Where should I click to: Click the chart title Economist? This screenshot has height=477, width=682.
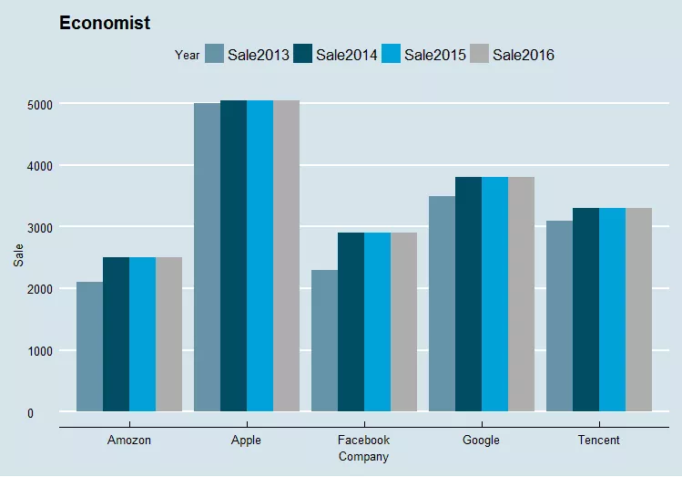(105, 23)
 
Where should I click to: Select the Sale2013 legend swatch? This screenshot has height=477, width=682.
(215, 54)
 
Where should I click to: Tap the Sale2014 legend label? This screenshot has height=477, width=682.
(347, 55)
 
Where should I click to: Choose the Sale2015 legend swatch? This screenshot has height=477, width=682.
(391, 54)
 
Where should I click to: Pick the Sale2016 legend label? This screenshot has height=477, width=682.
(524, 55)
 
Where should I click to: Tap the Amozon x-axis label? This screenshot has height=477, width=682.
(129, 441)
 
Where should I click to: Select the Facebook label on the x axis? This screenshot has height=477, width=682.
(363, 441)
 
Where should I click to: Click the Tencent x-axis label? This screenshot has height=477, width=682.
(599, 441)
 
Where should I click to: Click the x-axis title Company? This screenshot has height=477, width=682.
(363, 457)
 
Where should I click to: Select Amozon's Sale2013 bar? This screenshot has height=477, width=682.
(89, 347)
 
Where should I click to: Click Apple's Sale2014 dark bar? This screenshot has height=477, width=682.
(233, 255)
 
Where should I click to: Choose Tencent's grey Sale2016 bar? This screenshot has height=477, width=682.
(638, 310)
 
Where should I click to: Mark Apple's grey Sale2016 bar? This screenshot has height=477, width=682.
(286, 255)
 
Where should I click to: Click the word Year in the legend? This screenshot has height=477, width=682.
(188, 55)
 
